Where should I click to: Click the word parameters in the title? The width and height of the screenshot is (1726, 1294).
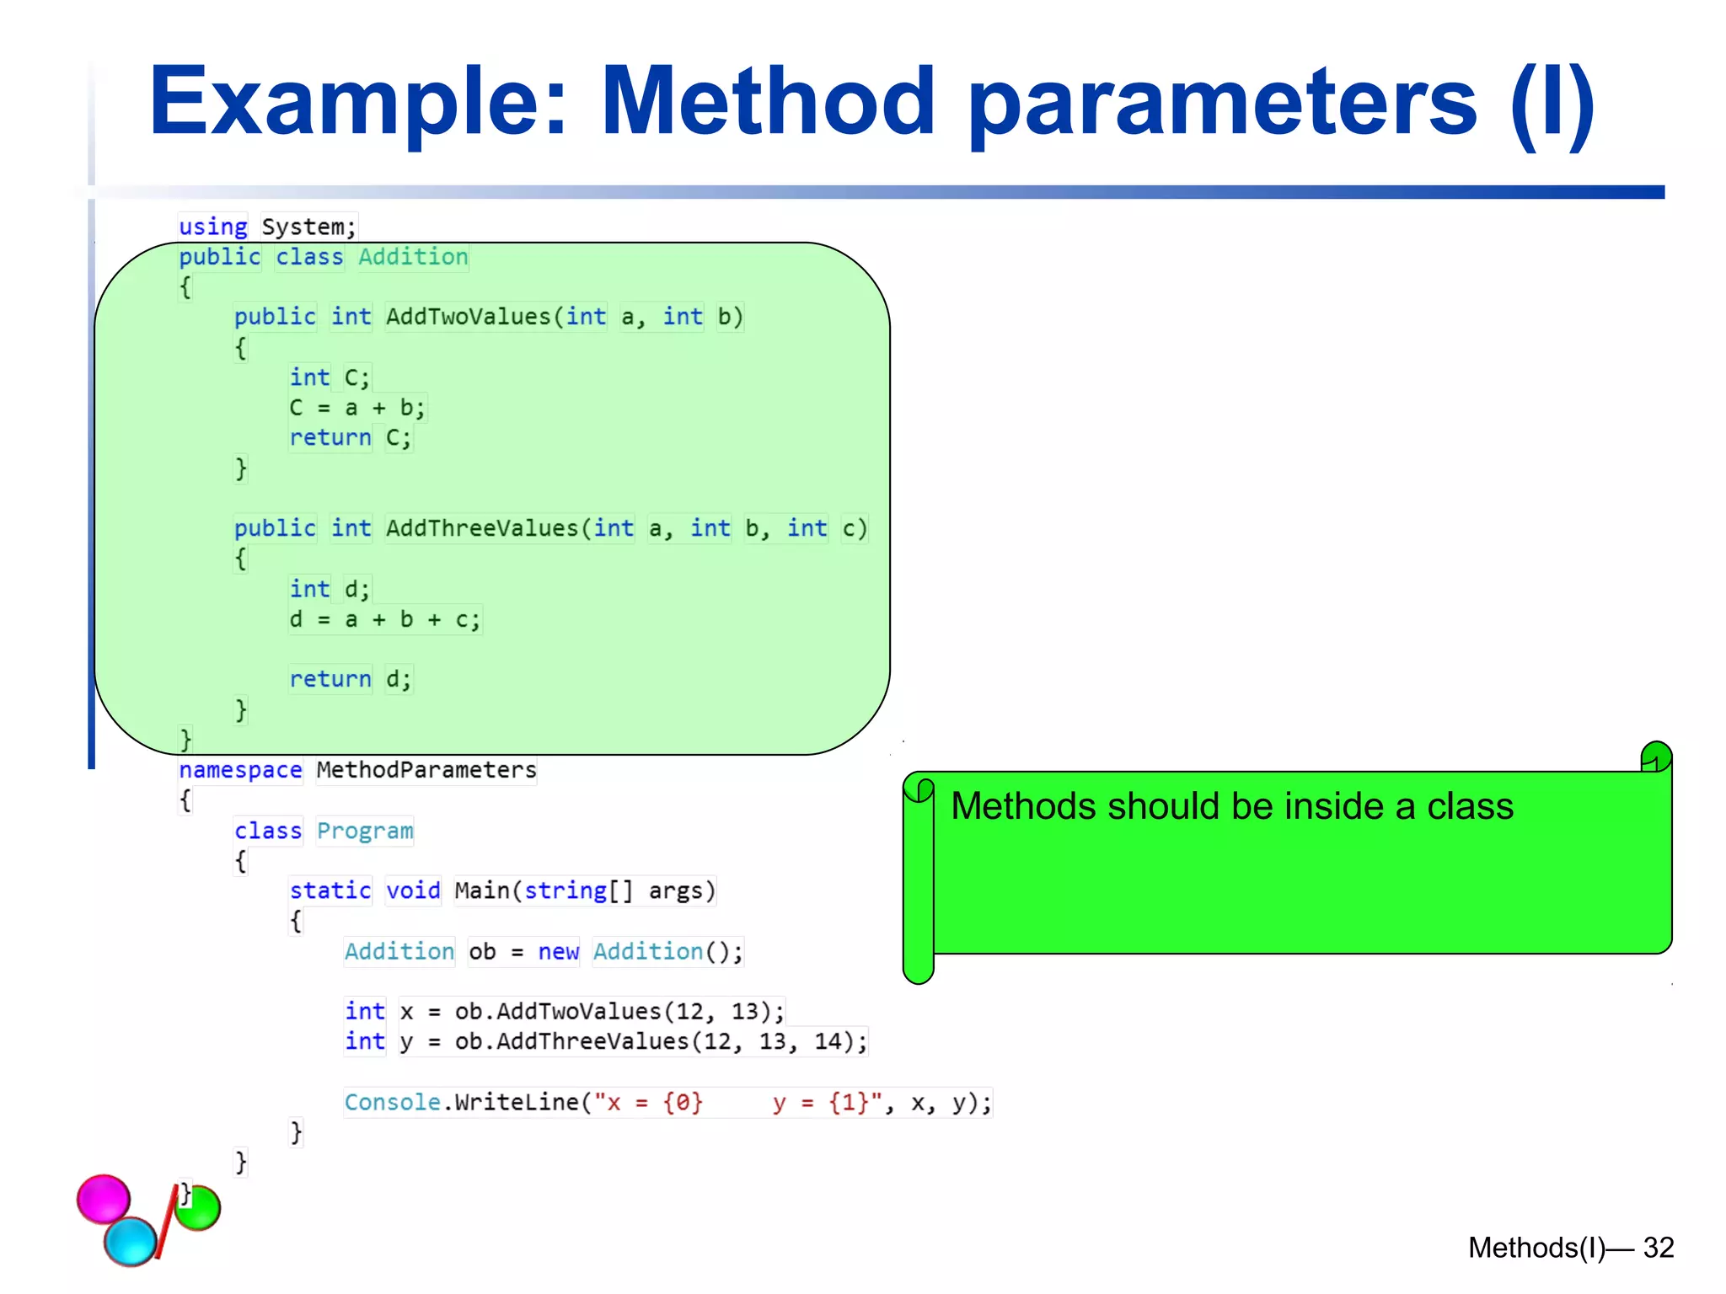click(1222, 103)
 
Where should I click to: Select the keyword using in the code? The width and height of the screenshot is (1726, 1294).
click(212, 227)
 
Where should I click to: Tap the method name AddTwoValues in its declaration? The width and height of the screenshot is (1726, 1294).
click(468, 317)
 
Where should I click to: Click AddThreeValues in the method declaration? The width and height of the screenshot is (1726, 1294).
click(482, 528)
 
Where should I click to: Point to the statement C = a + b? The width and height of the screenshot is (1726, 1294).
click(356, 408)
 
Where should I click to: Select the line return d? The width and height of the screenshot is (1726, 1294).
click(350, 679)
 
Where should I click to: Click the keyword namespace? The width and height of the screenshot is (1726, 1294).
click(240, 770)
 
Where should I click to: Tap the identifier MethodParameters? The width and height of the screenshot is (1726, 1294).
click(426, 770)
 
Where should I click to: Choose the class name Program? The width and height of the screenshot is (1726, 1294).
click(365, 831)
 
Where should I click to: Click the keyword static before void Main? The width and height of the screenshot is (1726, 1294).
click(330, 890)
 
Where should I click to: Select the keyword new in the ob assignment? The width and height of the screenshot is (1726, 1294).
click(558, 951)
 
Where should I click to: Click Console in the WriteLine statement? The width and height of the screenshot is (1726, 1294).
click(392, 1102)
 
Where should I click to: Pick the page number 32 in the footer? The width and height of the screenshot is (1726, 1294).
click(1658, 1248)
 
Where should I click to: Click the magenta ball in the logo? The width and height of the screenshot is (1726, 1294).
click(104, 1198)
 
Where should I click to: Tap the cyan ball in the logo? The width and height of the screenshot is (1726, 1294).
click(131, 1240)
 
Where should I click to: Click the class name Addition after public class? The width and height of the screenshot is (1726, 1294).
click(413, 257)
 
